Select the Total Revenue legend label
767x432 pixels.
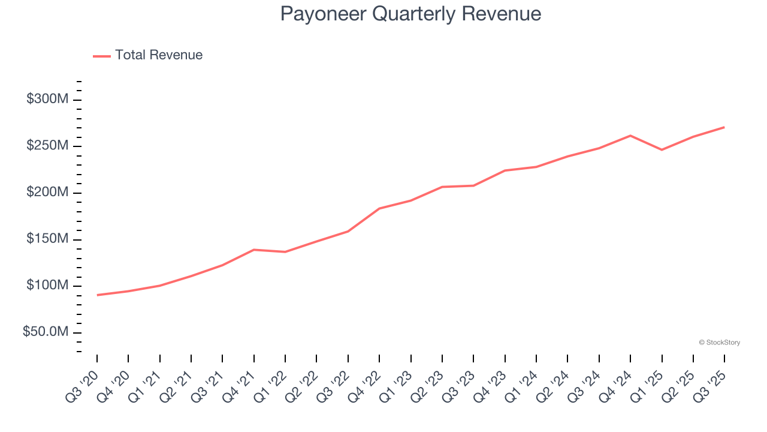pyautogui.click(x=159, y=55)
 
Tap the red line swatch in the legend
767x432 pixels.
pyautogui.click(x=102, y=56)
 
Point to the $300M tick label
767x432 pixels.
pyautogui.click(x=47, y=100)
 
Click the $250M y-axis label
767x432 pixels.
pyautogui.click(x=47, y=146)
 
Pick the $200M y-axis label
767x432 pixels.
pyautogui.click(x=47, y=193)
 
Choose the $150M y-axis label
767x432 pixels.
pyautogui.click(x=47, y=239)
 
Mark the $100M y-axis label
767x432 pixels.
pyautogui.click(x=47, y=286)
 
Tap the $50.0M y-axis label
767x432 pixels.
pyautogui.click(x=46, y=332)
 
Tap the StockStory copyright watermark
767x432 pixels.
pyautogui.click(x=719, y=343)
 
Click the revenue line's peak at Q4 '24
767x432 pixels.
pyautogui.click(x=630, y=136)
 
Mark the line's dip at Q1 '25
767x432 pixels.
pyautogui.click(x=662, y=149)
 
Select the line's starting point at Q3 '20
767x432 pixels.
pyautogui.click(x=97, y=295)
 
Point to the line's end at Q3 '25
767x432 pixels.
pyautogui.click(x=724, y=127)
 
